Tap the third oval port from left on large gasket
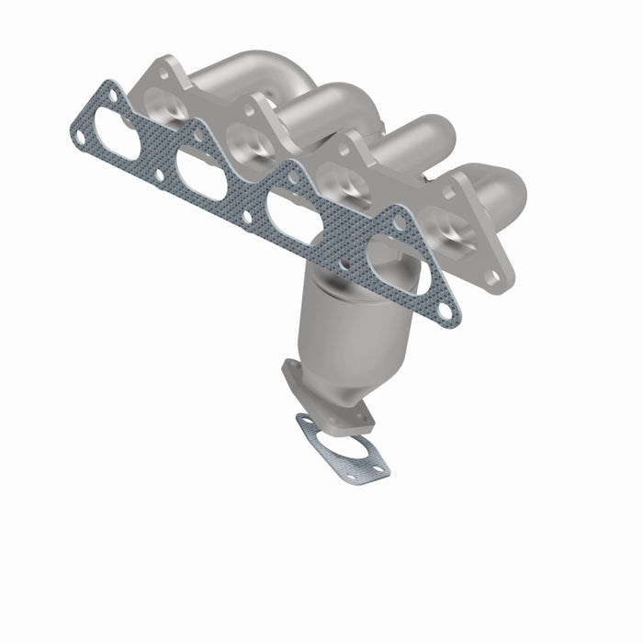tap(297, 213)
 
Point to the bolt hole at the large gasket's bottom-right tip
tap(447, 310)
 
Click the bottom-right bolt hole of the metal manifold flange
tap(493, 276)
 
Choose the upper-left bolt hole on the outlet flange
tap(291, 370)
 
